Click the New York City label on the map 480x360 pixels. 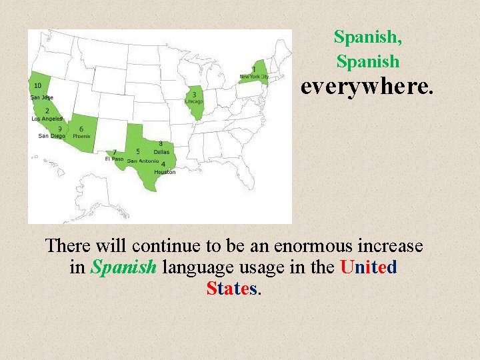point(254,77)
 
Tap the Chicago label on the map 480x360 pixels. point(194,101)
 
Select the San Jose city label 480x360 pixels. point(41,97)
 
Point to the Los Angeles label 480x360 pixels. point(47,119)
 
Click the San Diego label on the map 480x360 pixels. point(52,136)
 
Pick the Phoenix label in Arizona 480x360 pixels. point(81,136)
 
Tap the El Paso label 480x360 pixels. point(114,159)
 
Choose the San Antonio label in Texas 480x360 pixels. point(143,161)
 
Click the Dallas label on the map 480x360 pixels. point(161,152)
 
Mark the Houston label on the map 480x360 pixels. point(165,172)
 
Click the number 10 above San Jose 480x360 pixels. point(37,85)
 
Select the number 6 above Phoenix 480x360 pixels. point(81,129)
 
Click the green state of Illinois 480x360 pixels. point(196,110)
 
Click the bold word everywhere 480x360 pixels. point(367,87)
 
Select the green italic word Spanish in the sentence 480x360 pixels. point(123,267)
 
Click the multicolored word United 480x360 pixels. point(369,267)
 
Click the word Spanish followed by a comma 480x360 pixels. point(368,36)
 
